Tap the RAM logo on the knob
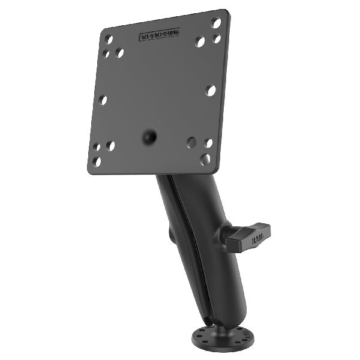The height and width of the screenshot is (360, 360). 257,239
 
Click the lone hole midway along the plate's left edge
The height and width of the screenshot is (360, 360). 103,100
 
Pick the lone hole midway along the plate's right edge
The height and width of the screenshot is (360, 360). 211,90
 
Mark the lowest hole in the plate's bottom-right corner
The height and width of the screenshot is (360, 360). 206,159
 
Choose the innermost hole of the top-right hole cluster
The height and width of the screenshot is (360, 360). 200,43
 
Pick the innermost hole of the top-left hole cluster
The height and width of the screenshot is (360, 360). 120,53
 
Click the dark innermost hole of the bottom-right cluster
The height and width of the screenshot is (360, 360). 191,142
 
